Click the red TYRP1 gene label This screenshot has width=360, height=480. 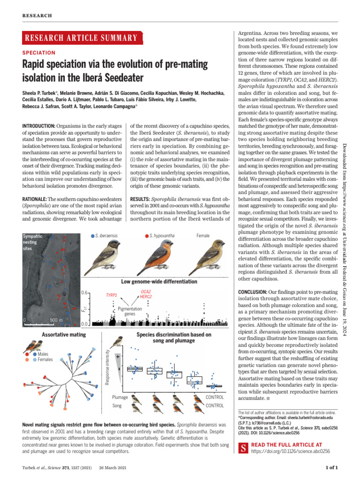(111, 295)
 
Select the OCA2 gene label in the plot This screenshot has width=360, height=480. (145, 291)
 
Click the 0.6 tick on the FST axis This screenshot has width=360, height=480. (84, 292)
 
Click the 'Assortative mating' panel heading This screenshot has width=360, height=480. (64, 335)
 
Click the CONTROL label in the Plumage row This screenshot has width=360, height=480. (215, 397)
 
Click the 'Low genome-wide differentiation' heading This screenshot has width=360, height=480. (159, 281)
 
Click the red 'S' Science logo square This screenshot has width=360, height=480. (243, 448)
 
